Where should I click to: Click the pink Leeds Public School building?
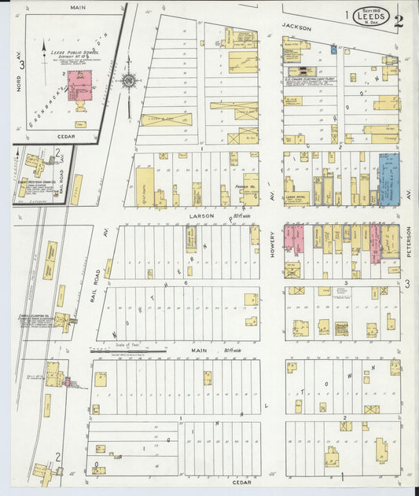(79, 85)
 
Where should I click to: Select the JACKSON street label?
(297, 28)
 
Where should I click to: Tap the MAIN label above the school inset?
(78, 8)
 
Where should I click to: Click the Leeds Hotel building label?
(296, 197)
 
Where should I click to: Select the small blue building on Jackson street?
(333, 49)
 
